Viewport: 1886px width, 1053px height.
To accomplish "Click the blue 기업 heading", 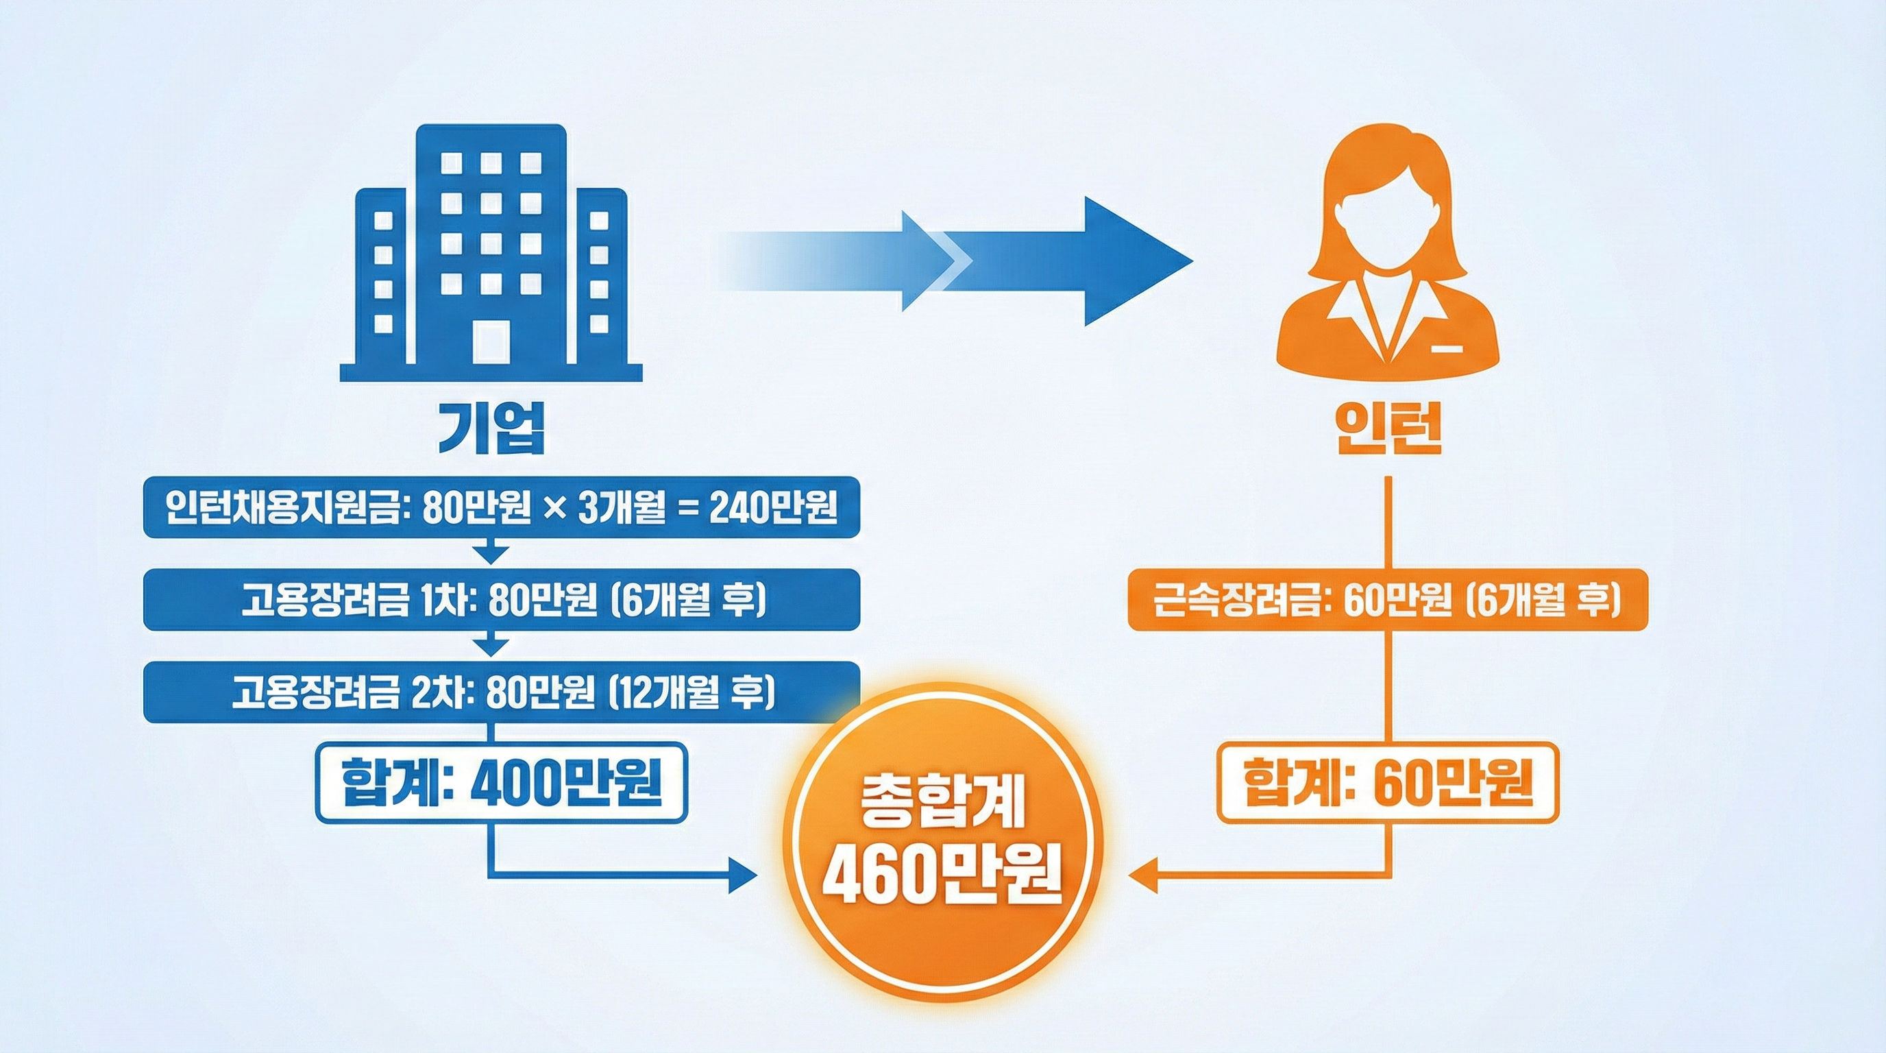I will pyautogui.click(x=491, y=428).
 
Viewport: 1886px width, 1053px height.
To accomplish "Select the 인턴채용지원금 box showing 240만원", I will pyautogui.click(x=501, y=507).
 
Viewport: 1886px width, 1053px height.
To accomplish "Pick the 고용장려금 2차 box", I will pyautogui.click(x=501, y=692).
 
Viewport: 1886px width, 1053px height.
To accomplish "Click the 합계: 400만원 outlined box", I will pyautogui.click(x=502, y=782).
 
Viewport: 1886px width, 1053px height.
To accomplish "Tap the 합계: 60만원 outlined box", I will pyautogui.click(x=1387, y=782).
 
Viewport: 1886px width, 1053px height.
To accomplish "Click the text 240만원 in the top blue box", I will pyautogui.click(x=773, y=507).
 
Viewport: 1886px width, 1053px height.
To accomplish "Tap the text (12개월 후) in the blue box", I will pyautogui.click(x=692, y=692).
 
